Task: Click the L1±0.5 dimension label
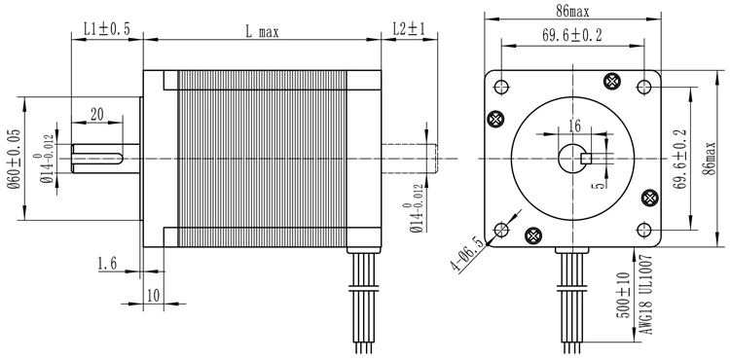[x=107, y=29]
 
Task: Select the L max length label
[x=262, y=32]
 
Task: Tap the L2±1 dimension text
[x=409, y=29]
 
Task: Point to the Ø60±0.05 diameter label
[x=15, y=159]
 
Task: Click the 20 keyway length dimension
[x=96, y=115]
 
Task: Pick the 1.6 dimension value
[x=107, y=264]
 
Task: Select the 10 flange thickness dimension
[x=153, y=296]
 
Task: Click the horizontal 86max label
[x=572, y=11]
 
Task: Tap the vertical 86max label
[x=709, y=159]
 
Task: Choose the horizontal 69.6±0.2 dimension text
[x=571, y=35]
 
